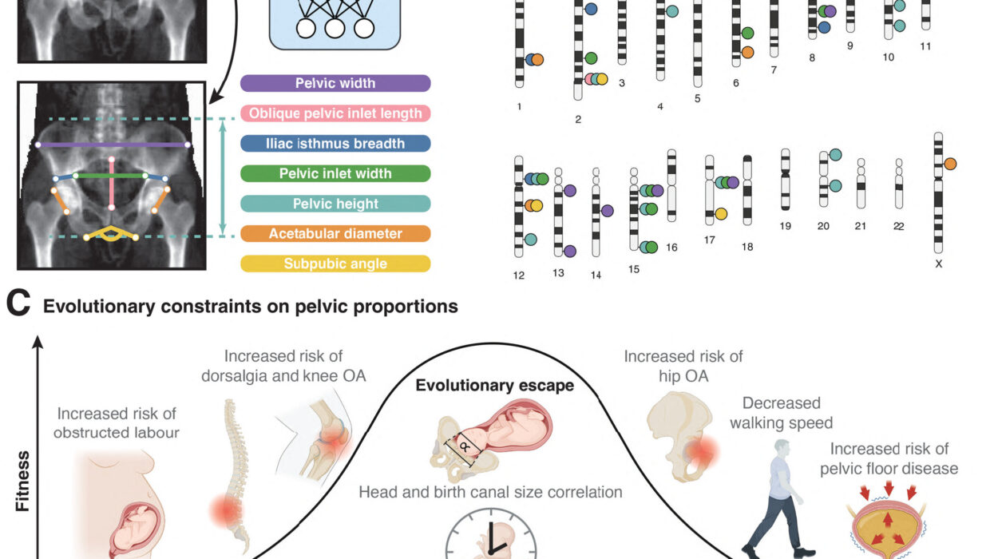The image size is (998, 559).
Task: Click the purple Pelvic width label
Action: click(335, 83)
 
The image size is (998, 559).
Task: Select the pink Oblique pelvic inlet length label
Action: click(335, 113)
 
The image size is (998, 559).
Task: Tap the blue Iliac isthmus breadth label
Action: click(335, 144)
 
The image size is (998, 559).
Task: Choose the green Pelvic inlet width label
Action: click(335, 173)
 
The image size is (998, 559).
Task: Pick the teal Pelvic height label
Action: click(335, 204)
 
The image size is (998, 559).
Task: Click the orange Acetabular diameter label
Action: click(335, 234)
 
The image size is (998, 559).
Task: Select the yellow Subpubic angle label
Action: click(335, 264)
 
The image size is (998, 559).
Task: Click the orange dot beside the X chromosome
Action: click(950, 164)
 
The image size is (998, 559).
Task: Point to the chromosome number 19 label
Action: click(786, 227)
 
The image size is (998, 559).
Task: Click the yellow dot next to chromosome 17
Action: click(721, 213)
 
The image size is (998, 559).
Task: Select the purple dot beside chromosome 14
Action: click(608, 211)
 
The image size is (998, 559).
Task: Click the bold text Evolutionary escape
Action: click(494, 386)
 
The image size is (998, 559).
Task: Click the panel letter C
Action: click(18, 305)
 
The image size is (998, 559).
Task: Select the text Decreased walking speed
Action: click(781, 414)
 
